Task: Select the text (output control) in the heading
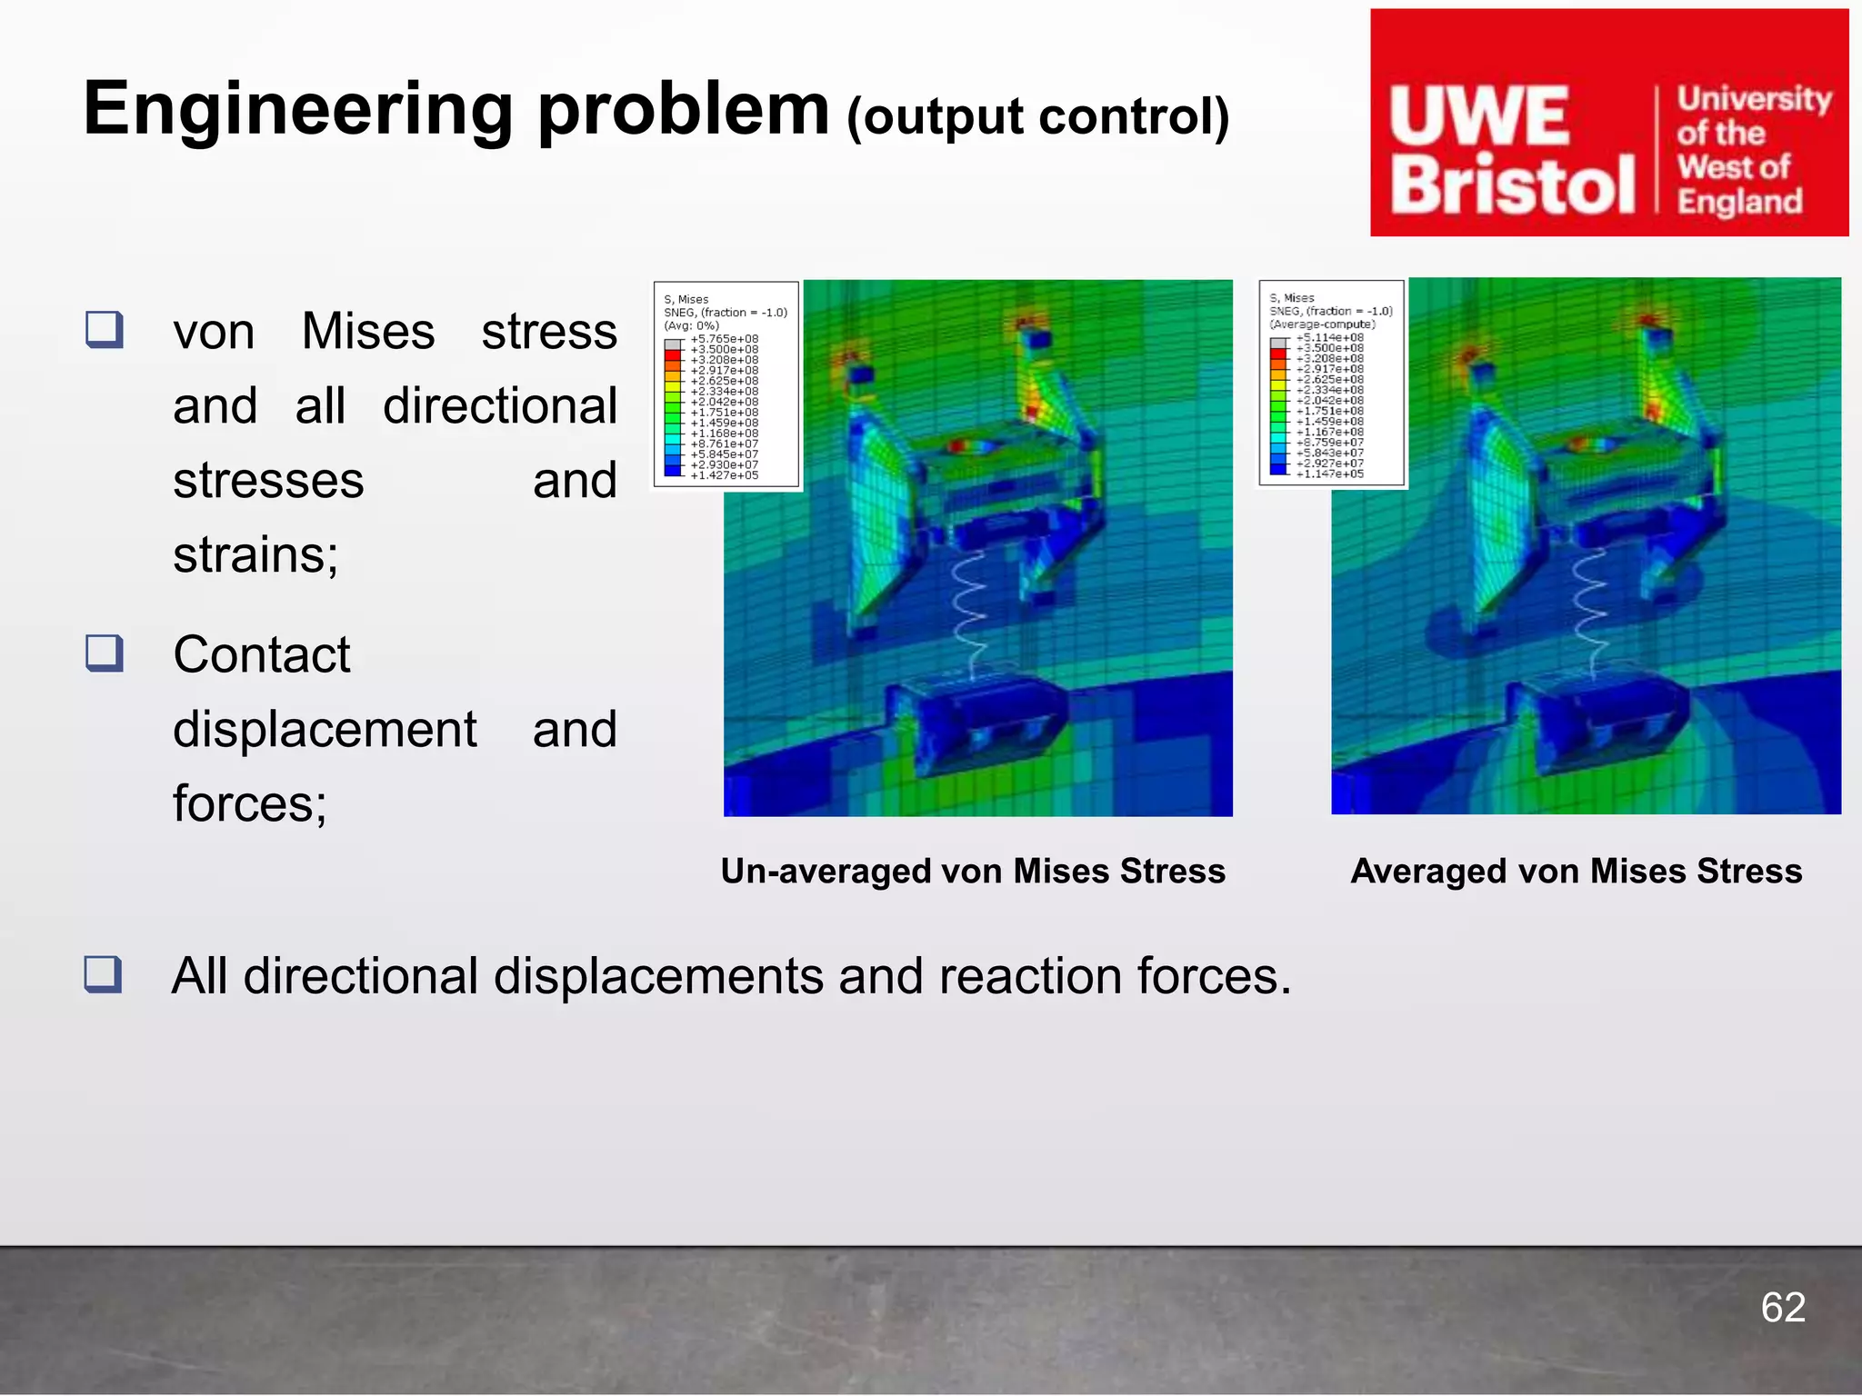pos(1037,117)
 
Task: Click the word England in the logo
pos(1738,202)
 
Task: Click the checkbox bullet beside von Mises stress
pos(105,329)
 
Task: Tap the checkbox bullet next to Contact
pos(105,653)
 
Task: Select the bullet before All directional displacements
pos(103,973)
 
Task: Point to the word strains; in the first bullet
pos(255,553)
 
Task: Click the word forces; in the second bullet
pos(250,803)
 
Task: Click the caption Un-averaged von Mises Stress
pos(973,871)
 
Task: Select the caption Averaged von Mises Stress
pos(1576,871)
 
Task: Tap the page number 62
pos(1782,1308)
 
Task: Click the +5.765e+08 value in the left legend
pos(724,339)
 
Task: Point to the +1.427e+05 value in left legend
pos(724,475)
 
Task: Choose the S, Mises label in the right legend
pos(1292,298)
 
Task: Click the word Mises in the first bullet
pos(367,331)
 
